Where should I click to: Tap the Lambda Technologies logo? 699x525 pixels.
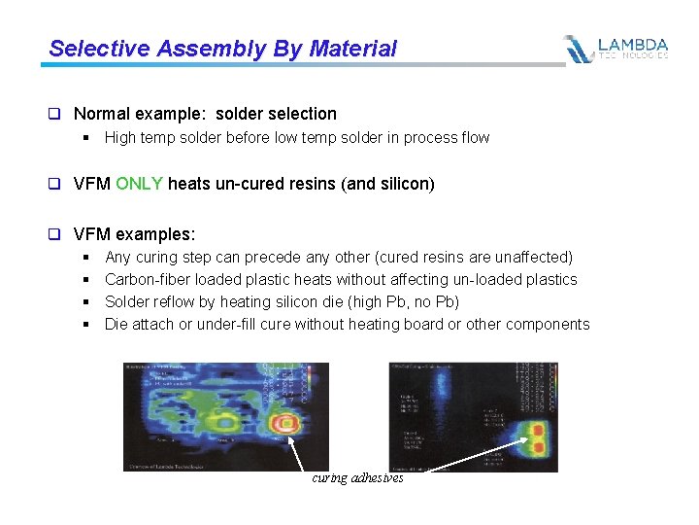[616, 49]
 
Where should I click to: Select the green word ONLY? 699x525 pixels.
[140, 184]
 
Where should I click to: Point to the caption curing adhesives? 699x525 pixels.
[357, 478]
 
